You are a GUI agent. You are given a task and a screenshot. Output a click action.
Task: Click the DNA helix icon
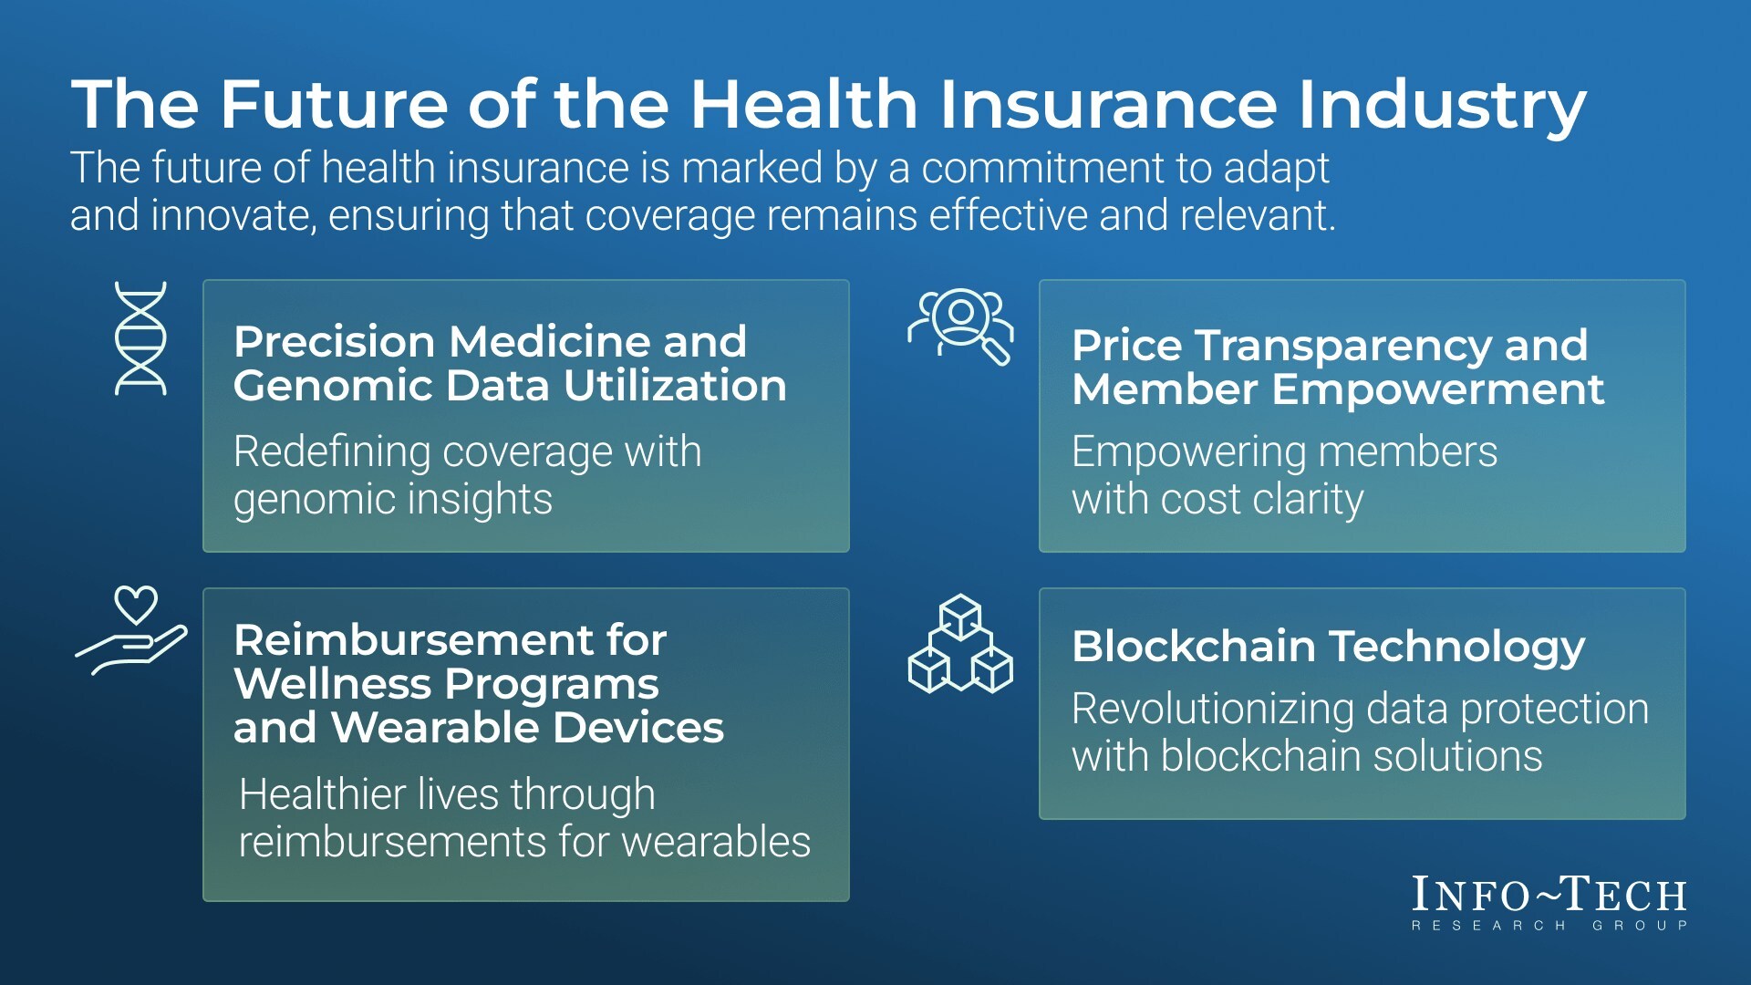[x=140, y=338]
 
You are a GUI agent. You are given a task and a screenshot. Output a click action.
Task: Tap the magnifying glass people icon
[x=960, y=327]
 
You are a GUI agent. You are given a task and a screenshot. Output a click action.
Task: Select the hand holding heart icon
[x=131, y=630]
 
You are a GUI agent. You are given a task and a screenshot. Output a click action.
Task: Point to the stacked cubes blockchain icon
[x=960, y=644]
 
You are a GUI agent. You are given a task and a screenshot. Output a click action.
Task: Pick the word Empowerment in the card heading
[x=1437, y=390]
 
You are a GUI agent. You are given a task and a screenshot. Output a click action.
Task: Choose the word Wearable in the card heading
[x=435, y=728]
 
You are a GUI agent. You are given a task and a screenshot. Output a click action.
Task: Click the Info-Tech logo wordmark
[x=1549, y=895]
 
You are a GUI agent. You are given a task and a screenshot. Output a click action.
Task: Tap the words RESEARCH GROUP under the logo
[x=1549, y=926]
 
